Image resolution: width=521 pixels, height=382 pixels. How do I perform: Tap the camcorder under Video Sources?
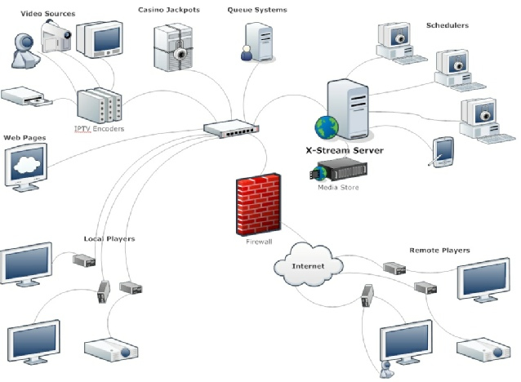[x=55, y=33]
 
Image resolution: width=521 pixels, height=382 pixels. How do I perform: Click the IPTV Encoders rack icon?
[x=100, y=106]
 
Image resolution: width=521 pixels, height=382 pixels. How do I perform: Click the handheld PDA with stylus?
[x=443, y=152]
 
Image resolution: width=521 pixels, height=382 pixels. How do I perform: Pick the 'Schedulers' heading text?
[x=448, y=25]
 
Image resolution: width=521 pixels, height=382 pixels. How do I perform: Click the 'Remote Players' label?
[x=439, y=250]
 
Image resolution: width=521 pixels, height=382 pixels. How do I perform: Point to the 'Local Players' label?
[x=109, y=238]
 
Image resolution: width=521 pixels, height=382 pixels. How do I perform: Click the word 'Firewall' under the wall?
[x=258, y=242]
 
